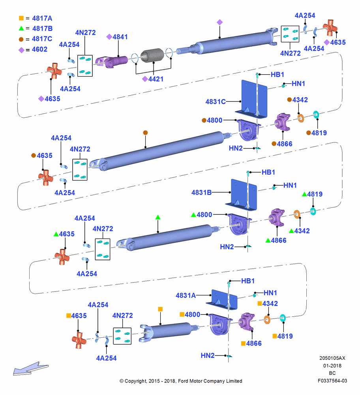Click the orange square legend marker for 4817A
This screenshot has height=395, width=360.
[x=21, y=18]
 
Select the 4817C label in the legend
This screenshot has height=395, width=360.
[x=42, y=39]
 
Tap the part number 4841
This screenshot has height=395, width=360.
[x=120, y=37]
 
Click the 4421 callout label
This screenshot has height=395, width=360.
[x=156, y=79]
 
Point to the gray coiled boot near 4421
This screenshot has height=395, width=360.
[x=152, y=55]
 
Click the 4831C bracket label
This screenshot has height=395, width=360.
[x=216, y=102]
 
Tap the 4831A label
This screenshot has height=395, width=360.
[x=186, y=295]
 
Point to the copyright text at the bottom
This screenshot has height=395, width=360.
[x=181, y=381]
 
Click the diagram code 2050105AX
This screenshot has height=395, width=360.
[x=332, y=358]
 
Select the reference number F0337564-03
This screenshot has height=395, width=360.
[x=332, y=381]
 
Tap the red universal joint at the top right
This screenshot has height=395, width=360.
[x=330, y=28]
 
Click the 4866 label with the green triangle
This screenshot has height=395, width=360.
[x=279, y=240]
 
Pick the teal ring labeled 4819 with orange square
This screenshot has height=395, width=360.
[x=283, y=318]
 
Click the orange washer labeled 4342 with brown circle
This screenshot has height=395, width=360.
[x=300, y=118]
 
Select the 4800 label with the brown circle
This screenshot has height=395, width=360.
[x=214, y=120]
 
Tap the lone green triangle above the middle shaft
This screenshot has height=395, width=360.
[x=158, y=217]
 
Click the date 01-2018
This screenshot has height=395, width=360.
[x=332, y=365]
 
